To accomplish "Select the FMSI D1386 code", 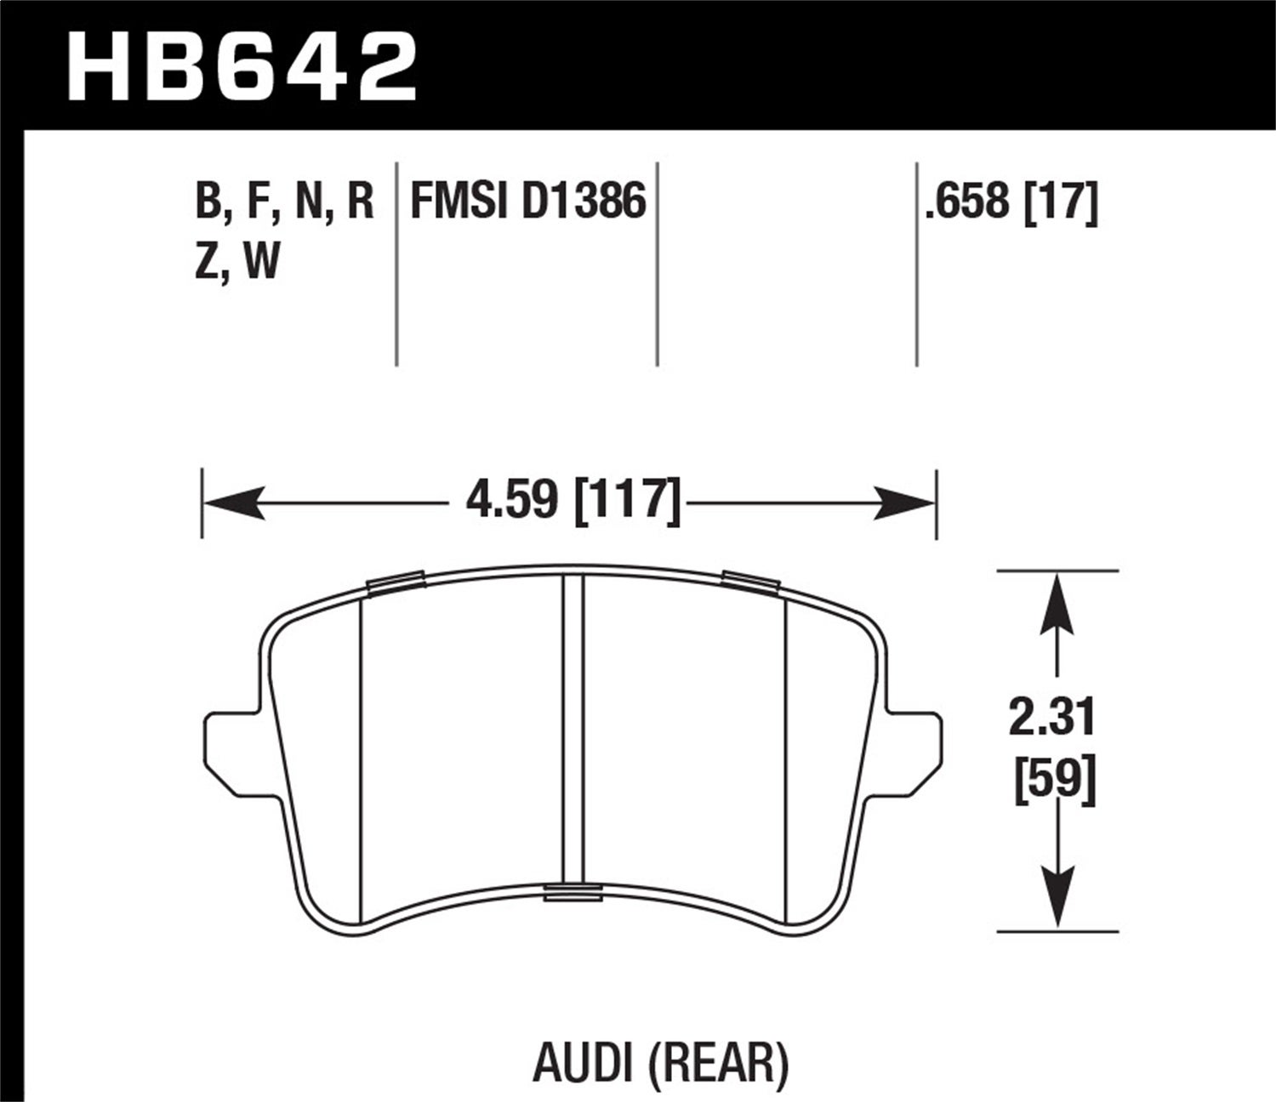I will pyautogui.click(x=528, y=202).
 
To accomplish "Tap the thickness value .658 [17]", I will pyautogui.click(x=1011, y=202).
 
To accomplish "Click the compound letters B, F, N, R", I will pyautogui.click(x=285, y=202).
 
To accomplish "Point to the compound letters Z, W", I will pyautogui.click(x=237, y=261).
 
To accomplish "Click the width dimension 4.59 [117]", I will pyautogui.click(x=573, y=500).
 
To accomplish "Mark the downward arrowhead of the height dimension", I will pyautogui.click(x=1056, y=898).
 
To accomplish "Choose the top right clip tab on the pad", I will pyautogui.click(x=750, y=581).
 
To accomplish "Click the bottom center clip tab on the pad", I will pyautogui.click(x=573, y=891).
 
